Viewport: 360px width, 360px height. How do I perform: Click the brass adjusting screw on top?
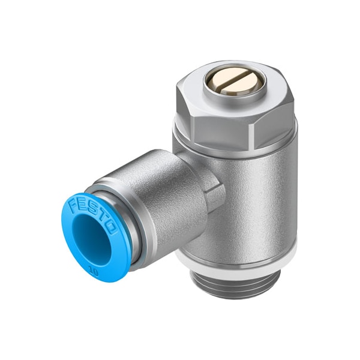pos(233,80)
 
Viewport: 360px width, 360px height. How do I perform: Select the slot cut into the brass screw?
pos(233,80)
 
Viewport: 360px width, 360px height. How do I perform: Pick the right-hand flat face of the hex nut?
pos(281,117)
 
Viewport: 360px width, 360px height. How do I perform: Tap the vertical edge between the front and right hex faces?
pos(268,123)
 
